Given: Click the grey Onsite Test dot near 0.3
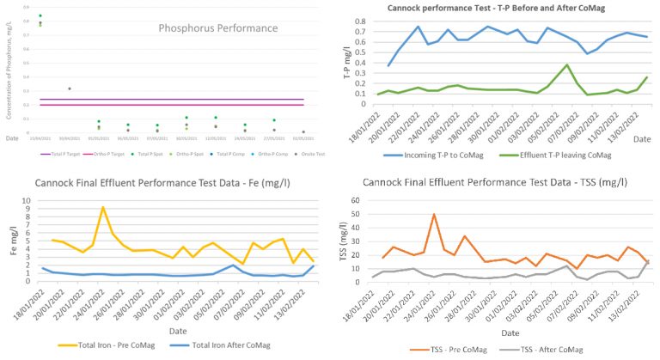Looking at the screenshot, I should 70,88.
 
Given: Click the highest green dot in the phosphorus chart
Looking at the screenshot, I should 40,15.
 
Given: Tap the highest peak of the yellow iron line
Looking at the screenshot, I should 103,207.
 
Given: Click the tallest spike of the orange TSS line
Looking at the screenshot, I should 435,214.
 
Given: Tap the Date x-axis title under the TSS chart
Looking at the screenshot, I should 509,333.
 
